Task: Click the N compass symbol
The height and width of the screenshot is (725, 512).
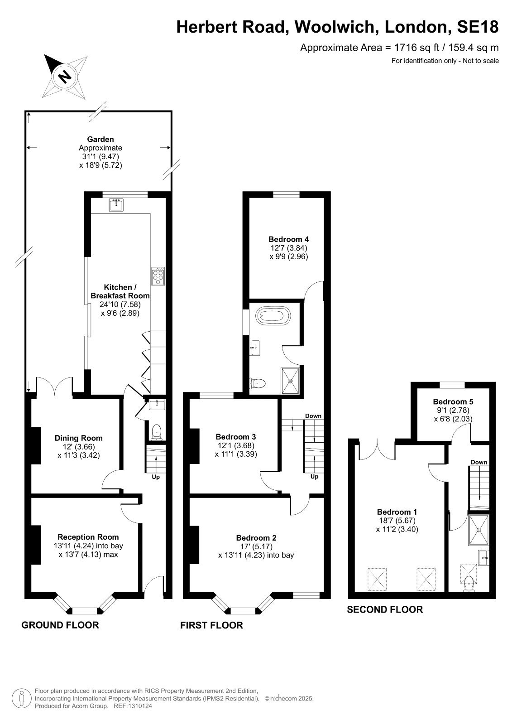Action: tap(65, 77)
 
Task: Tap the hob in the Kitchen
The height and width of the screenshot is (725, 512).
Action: tap(158, 276)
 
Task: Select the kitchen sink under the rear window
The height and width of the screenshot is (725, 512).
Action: tap(116, 205)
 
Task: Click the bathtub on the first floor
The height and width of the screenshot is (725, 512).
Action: tap(273, 315)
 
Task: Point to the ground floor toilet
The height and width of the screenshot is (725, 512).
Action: tap(157, 432)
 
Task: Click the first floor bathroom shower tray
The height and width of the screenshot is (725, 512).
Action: tap(290, 381)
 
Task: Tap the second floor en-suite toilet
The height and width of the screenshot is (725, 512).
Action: tap(469, 584)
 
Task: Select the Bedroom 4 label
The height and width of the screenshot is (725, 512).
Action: tap(288, 239)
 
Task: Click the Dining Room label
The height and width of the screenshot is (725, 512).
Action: tap(79, 438)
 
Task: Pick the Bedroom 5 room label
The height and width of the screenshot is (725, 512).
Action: tap(453, 401)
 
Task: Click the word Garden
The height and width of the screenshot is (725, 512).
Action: tap(100, 139)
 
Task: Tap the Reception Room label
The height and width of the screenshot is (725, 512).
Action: tap(88, 537)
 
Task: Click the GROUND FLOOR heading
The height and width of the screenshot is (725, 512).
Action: tap(60, 625)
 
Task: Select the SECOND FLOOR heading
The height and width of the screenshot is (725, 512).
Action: tap(385, 610)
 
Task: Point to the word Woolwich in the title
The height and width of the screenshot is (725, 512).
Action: tap(336, 27)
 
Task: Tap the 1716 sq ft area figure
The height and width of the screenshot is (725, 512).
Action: tap(416, 48)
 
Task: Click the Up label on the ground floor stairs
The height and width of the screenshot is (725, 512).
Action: tap(156, 477)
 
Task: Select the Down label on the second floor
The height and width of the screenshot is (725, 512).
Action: tap(479, 462)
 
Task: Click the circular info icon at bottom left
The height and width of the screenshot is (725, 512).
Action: tap(21, 699)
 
